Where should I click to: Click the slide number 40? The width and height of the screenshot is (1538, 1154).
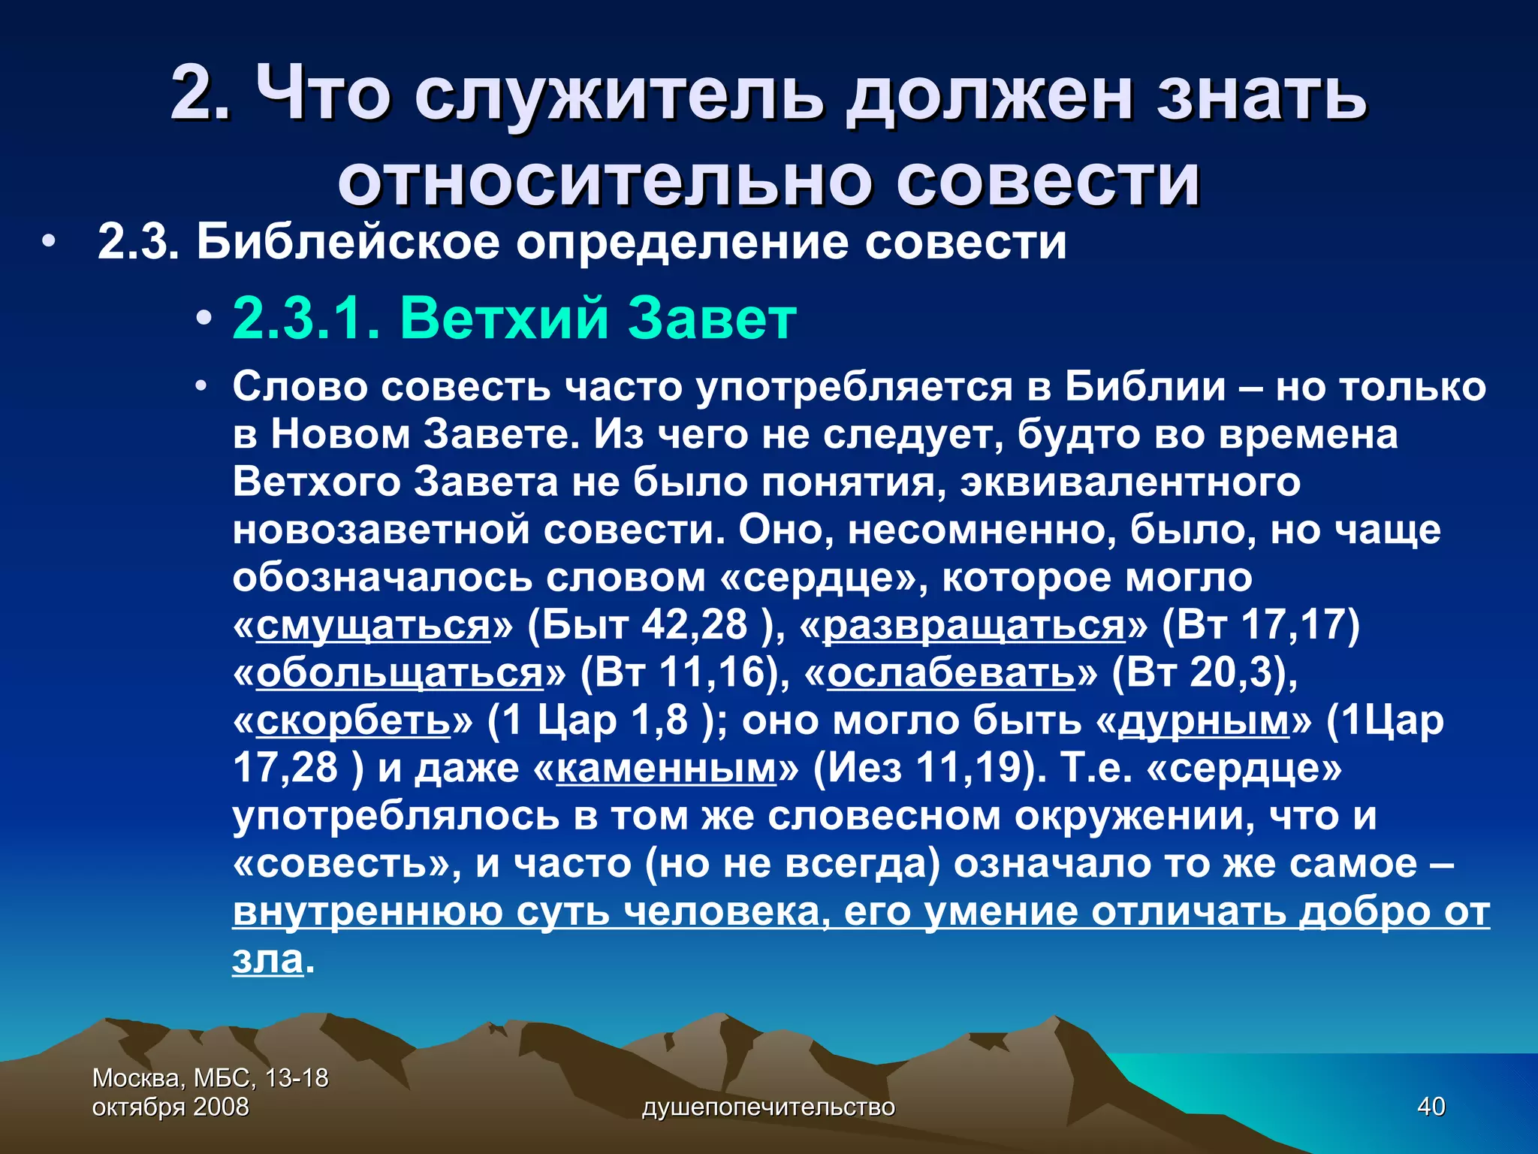coord(1431,1107)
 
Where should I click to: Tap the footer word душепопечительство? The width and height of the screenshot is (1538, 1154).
coord(768,1107)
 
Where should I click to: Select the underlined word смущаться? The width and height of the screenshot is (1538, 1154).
coord(373,625)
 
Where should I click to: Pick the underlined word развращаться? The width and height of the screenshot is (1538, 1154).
coord(974,625)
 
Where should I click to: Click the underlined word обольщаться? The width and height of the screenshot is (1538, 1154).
coord(400,673)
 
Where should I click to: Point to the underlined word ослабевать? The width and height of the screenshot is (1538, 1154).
coord(951,673)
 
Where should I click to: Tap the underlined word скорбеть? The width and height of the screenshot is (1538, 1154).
coord(353,720)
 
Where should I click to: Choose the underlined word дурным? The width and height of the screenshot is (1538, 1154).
coord(1204,720)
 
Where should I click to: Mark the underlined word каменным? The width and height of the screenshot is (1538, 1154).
coord(665,768)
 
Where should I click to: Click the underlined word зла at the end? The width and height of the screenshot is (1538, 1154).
coord(267,959)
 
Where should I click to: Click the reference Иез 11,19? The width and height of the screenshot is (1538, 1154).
coord(926,768)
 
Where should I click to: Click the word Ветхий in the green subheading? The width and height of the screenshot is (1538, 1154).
coord(503,319)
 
